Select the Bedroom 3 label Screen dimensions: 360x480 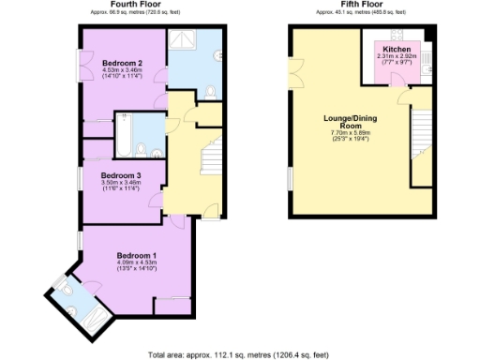coord(121,175)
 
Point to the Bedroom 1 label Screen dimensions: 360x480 coord(136,255)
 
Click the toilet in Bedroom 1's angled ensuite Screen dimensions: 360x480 coord(61,285)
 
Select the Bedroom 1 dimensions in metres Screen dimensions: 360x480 coord(136,262)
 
